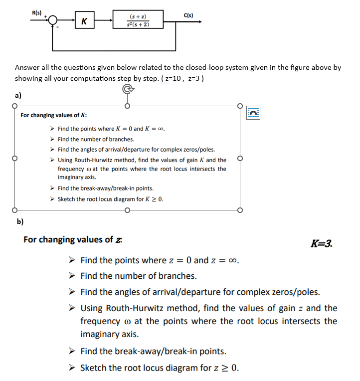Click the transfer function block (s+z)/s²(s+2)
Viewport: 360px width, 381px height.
pos(137,21)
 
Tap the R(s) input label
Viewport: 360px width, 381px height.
pos(37,12)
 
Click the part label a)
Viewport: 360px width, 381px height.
pos(18,95)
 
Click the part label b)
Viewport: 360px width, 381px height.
pos(20,220)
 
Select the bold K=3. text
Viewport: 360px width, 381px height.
pos(321,244)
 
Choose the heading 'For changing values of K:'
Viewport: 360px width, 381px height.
pos(54,115)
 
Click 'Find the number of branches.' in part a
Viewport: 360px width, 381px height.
pos(96,139)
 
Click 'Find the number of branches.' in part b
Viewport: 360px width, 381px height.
pos(138,276)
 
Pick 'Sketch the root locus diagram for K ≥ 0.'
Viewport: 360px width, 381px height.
pos(110,199)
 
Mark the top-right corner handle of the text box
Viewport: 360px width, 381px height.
pos(240,106)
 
